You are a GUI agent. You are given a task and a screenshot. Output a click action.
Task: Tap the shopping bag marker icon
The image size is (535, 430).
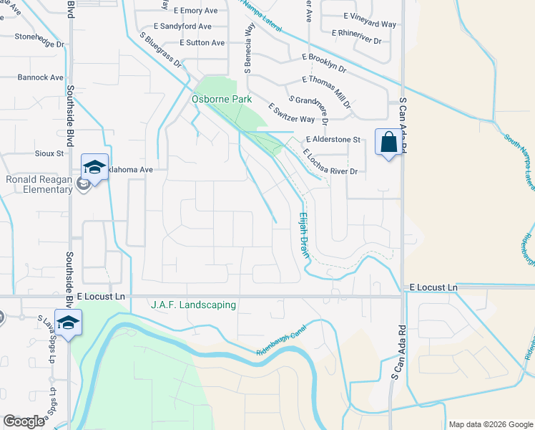tap(388, 142)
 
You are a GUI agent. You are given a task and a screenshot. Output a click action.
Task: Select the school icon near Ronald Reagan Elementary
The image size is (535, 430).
tap(94, 167)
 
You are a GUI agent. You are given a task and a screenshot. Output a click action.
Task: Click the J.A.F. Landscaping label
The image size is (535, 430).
tap(193, 305)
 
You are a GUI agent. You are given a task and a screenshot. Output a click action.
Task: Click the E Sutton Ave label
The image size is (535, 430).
tap(202, 43)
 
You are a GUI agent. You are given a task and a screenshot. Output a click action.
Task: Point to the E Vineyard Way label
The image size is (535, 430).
tap(369, 24)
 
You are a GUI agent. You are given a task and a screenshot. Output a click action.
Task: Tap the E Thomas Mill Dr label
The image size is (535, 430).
tap(327, 92)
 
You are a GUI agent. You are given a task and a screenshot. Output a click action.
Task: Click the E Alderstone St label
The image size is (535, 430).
tap(332, 139)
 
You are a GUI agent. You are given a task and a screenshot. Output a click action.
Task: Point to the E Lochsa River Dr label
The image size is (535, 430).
tap(329, 162)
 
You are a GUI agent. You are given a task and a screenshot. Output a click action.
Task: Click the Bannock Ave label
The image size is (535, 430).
tap(41, 77)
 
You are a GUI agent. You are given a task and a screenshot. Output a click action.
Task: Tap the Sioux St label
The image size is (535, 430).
tap(49, 153)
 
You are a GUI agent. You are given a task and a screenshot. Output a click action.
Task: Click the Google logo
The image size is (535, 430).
tap(24, 421)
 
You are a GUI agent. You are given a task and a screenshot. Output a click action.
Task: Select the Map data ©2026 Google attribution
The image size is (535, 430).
tap(489, 424)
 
